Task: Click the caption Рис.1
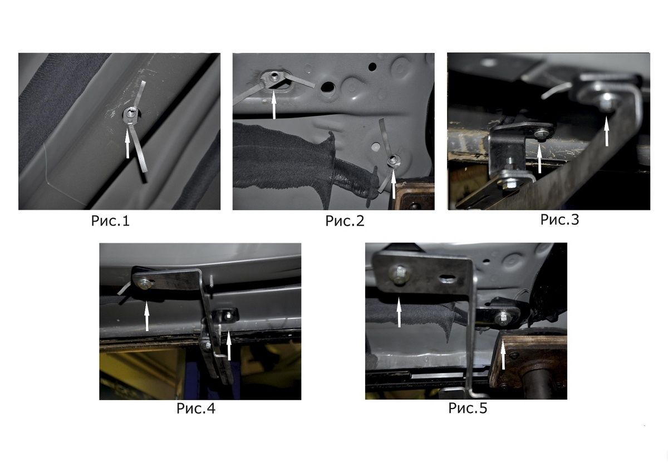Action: (110, 221)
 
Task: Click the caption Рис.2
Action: (345, 221)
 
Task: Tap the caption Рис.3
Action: (560, 219)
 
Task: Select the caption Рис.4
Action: (195, 408)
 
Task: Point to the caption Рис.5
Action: (468, 408)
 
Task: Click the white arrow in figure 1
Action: (127, 144)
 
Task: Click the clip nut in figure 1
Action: (130, 114)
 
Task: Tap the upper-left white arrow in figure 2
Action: (274, 104)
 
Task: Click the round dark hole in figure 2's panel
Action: (372, 66)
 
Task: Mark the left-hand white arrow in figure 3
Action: (539, 159)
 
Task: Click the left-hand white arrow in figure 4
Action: (147, 316)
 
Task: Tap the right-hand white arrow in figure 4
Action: (229, 345)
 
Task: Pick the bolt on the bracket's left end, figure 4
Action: (145, 283)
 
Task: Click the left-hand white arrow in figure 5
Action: (399, 312)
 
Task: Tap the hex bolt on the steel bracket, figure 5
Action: (399, 273)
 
